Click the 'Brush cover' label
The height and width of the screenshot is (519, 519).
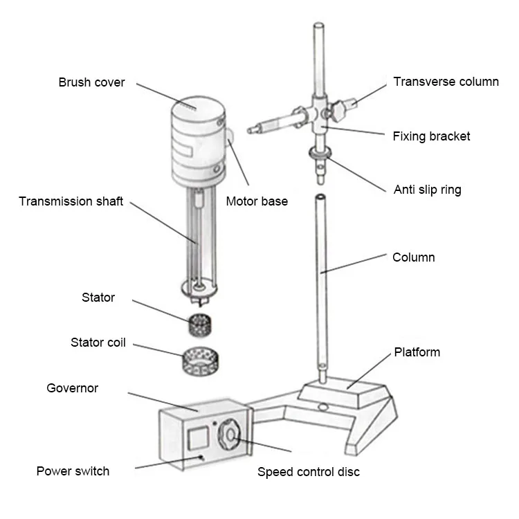pyautogui.click(x=91, y=82)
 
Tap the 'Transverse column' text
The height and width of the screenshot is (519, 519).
pyautogui.click(x=446, y=82)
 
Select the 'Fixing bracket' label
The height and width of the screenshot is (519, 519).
pyautogui.click(x=431, y=136)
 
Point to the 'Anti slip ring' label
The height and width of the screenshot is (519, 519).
pyautogui.click(x=427, y=190)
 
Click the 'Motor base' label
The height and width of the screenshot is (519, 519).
pyautogui.click(x=257, y=202)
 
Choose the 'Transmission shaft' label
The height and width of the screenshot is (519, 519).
pyautogui.click(x=71, y=201)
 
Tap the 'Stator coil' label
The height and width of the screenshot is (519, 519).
pyautogui.click(x=98, y=343)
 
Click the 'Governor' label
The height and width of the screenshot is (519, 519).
pyautogui.click(x=72, y=388)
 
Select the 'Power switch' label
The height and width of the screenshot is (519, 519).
pyautogui.click(x=73, y=471)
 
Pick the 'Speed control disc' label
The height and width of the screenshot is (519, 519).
pyautogui.click(x=308, y=472)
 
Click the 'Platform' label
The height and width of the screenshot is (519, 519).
pyautogui.click(x=417, y=352)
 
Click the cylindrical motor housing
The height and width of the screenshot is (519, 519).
pyautogui.click(x=197, y=145)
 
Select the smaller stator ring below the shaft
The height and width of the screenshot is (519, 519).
pyautogui.click(x=200, y=322)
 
